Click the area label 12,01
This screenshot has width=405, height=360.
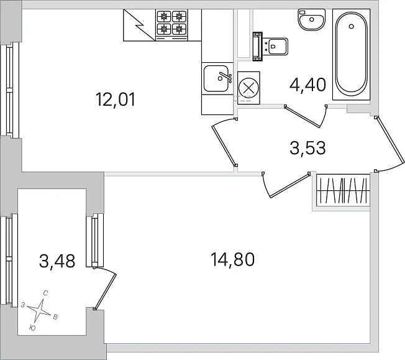[115, 100]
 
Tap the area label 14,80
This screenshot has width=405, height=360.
[233, 259]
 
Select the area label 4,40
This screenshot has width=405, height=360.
[307, 85]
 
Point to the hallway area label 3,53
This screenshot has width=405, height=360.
[307, 148]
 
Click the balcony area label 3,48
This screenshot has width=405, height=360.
[57, 261]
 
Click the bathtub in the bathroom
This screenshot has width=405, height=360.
[352, 54]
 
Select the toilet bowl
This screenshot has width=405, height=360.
[271, 47]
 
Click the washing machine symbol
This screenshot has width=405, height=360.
[248, 88]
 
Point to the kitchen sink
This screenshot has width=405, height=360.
[216, 78]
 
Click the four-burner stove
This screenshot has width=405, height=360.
[171, 25]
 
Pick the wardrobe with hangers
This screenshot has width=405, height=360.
[343, 191]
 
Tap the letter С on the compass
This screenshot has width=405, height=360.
[45, 293]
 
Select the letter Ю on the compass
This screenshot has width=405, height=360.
[32, 328]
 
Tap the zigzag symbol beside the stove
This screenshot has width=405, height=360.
[139, 25]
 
